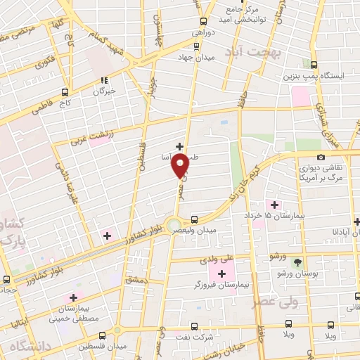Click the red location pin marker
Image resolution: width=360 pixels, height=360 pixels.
(181, 167)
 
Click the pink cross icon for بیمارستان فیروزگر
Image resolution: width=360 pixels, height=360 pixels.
(223, 273)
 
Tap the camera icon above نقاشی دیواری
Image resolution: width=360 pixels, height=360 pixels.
(321, 157)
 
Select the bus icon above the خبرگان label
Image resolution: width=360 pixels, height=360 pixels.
(104, 79)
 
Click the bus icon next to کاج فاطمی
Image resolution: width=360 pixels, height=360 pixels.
(65, 91)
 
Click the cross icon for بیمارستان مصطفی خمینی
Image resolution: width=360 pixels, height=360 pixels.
(73, 298)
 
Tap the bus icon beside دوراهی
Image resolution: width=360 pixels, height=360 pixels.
(203, 21)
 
